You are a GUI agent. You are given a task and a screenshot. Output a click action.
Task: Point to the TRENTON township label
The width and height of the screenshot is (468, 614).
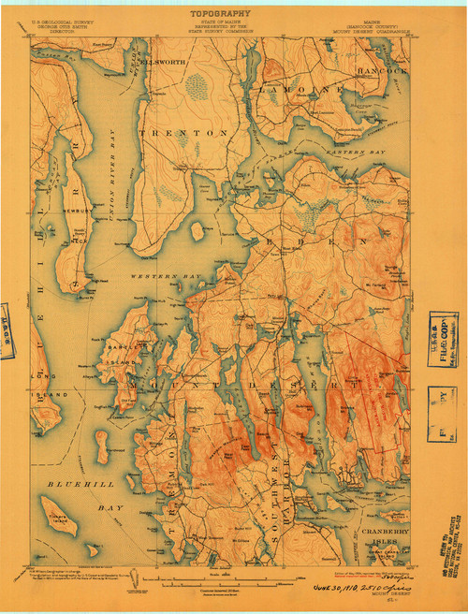click(x=183, y=134)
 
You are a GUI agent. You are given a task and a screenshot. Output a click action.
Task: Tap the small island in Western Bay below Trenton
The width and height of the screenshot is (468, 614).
click(x=197, y=229)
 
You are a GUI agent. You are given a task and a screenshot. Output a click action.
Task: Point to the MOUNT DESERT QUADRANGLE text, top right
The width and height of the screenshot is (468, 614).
click(x=380, y=26)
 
